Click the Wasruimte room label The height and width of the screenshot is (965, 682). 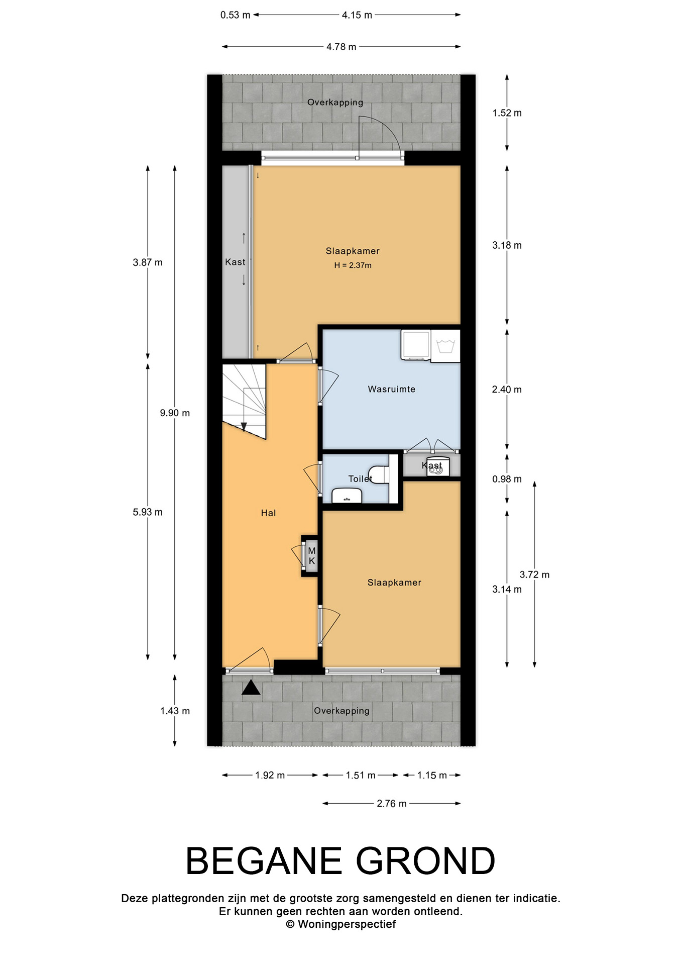pos(391,389)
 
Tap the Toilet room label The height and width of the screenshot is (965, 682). pos(360,479)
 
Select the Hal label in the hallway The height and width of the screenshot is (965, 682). pos(268,513)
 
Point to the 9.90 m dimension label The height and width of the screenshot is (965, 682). pos(175,413)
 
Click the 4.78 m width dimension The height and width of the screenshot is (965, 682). pos(341,47)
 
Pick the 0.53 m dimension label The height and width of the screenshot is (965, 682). pos(235,15)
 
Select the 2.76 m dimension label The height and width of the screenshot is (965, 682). pos(392,804)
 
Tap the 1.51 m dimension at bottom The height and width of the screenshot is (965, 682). pos(361,776)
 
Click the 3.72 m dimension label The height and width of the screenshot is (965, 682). pos(534,574)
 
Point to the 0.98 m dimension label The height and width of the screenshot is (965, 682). pos(507,479)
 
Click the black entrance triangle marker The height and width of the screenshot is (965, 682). pos(251,687)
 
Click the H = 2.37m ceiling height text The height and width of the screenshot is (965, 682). pos(353,265)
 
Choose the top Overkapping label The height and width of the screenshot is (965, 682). pos(335,103)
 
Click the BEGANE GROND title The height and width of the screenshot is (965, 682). pos(340,861)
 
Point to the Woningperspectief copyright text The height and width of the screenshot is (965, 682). pos(341,924)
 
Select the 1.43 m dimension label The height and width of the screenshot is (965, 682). pos(175,711)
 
